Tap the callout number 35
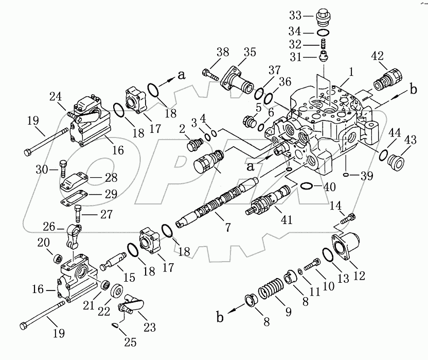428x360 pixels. [x=249, y=53]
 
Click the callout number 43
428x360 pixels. [x=409, y=140]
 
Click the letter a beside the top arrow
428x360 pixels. [x=181, y=75]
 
